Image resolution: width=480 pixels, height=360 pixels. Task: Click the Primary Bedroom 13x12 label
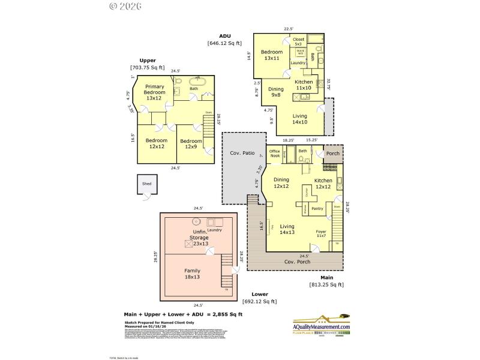pyautogui.click(x=154, y=92)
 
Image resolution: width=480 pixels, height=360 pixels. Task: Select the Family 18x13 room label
pyautogui.click(x=193, y=274)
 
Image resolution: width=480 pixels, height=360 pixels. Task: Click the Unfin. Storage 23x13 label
pyautogui.click(x=199, y=238)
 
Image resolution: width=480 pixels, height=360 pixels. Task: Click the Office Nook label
pyautogui.click(x=275, y=154)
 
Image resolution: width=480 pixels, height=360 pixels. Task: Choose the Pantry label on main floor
pyautogui.click(x=317, y=209)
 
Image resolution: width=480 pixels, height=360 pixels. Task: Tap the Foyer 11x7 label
pyautogui.click(x=322, y=233)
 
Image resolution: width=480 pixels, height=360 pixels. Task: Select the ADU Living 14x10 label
pyautogui.click(x=299, y=119)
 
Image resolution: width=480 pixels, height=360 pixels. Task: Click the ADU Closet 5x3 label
pyautogui.click(x=298, y=41)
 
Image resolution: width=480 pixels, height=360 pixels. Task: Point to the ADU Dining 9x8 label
pyautogui.click(x=275, y=92)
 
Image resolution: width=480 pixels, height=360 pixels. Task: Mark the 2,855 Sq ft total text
pyautogui.click(x=224, y=314)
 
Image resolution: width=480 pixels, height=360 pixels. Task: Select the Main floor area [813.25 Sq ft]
pyautogui.click(x=326, y=284)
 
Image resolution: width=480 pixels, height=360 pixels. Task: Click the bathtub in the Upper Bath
pyautogui.click(x=199, y=82)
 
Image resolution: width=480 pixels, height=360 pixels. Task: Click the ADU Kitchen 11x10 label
pyautogui.click(x=304, y=85)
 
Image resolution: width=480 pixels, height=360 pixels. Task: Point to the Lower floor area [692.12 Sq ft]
pyautogui.click(x=260, y=301)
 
